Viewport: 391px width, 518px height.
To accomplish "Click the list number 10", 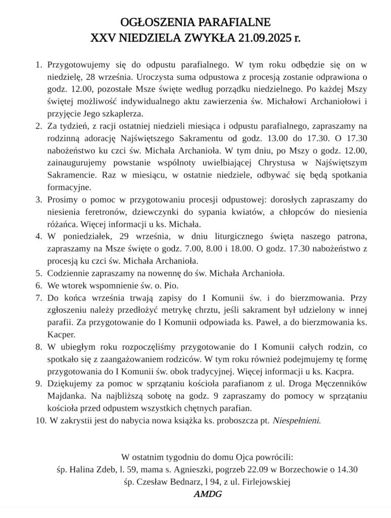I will (x=40, y=420).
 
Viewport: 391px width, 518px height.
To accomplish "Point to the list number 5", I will (x=38, y=273).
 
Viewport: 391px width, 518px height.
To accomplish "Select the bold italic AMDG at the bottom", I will (x=207, y=494).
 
